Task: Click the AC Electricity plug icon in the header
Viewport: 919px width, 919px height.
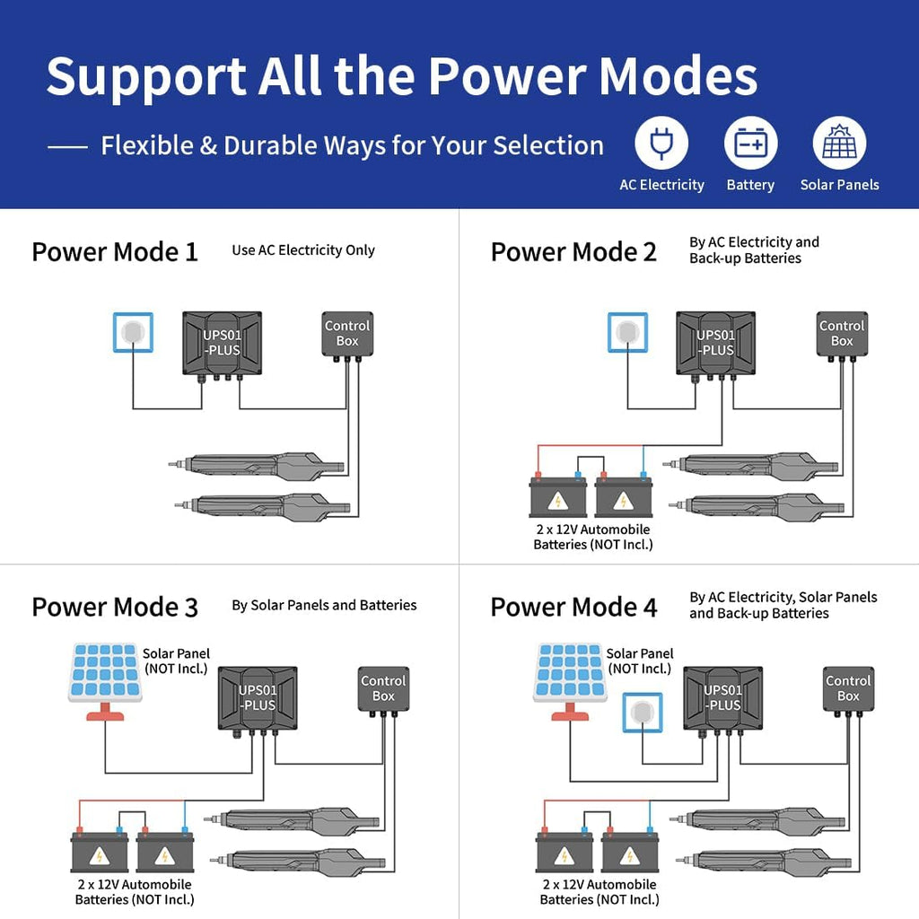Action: point(661,144)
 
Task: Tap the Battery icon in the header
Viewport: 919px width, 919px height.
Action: point(750,144)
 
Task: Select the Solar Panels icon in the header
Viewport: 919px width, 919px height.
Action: point(839,144)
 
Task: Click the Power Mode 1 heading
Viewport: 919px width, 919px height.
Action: point(115,252)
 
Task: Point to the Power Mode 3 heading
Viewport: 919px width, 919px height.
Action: point(115,607)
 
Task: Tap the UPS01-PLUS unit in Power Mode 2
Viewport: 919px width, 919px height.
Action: point(715,343)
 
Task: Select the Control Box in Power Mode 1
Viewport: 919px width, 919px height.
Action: point(347,334)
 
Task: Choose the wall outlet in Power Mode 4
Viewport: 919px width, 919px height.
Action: point(642,713)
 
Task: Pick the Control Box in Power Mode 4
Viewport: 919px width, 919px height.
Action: point(848,688)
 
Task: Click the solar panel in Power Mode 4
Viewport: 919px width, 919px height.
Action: point(570,673)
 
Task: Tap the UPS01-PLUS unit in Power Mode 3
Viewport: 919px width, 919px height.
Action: point(258,697)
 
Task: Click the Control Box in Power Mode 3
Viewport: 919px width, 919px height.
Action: point(383,688)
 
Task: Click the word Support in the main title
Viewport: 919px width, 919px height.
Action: point(144,77)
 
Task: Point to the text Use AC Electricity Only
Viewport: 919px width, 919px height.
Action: point(303,250)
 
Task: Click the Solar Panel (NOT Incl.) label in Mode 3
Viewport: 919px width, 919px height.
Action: point(176,661)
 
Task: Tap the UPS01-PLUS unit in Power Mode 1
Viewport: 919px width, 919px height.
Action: point(222,343)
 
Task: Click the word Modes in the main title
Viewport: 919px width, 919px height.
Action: point(678,77)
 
